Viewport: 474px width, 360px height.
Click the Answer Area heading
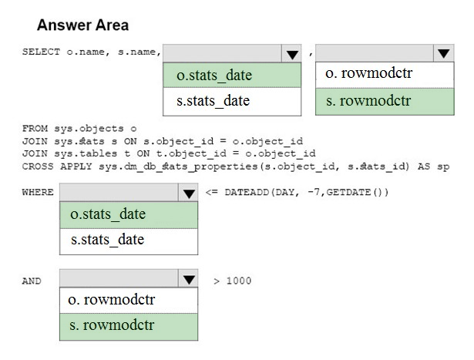click(82, 25)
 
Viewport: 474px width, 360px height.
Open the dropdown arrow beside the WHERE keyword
click(189, 193)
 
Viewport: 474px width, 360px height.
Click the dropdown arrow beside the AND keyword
click(189, 279)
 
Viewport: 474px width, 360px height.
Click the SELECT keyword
click(41, 52)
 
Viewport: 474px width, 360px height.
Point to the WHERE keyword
click(38, 192)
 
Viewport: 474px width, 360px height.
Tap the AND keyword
click(32, 281)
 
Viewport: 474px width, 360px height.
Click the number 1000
click(239, 281)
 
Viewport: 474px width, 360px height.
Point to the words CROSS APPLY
click(57, 167)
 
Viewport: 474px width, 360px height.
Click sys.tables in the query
click(86, 153)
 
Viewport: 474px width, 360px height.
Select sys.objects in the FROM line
click(89, 129)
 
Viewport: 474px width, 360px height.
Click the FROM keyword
click(35, 129)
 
